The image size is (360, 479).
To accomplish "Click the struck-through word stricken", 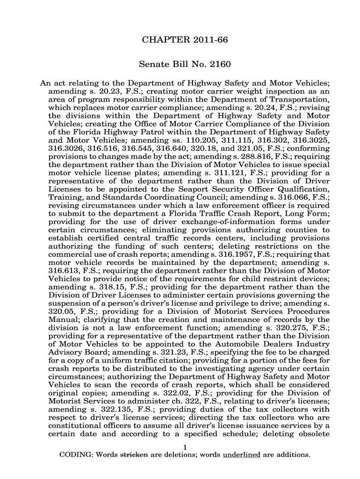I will tap(134, 455).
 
